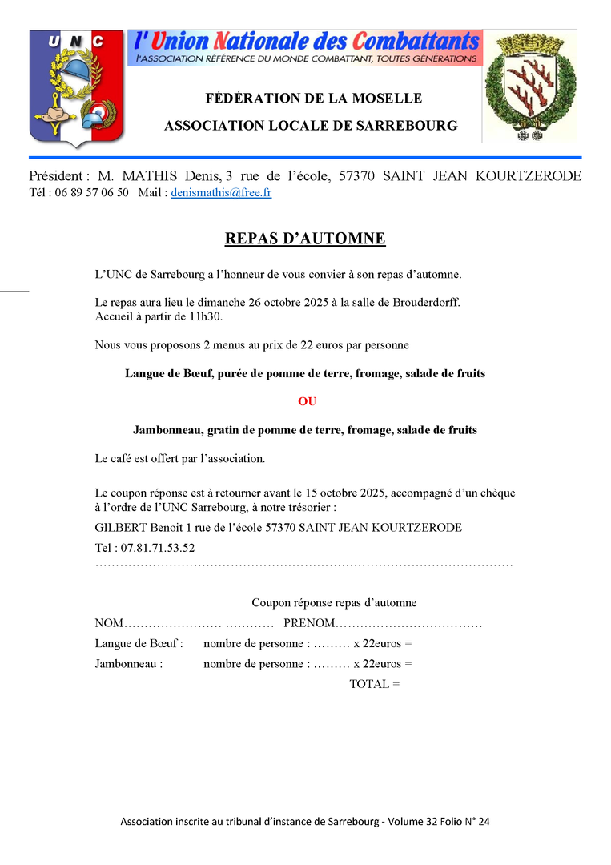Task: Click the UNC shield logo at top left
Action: pyautogui.click(x=76, y=88)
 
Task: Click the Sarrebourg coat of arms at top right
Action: pyautogui.click(x=529, y=87)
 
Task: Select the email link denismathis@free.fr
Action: pyautogui.click(x=221, y=193)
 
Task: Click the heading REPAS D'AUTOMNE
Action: pyautogui.click(x=305, y=239)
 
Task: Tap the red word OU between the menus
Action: pyautogui.click(x=307, y=402)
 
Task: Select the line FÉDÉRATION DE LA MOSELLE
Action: pyautogui.click(x=313, y=99)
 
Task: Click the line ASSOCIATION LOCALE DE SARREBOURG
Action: pyautogui.click(x=311, y=126)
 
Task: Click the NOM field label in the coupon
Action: pyautogui.click(x=109, y=623)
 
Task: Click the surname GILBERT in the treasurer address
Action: pyautogui.click(x=119, y=528)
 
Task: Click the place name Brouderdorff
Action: pyautogui.click(x=424, y=302)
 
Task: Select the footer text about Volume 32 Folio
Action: pyautogui.click(x=305, y=822)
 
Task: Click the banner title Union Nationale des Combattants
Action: pyautogui.click(x=307, y=41)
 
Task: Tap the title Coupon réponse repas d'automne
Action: pyautogui.click(x=334, y=602)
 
